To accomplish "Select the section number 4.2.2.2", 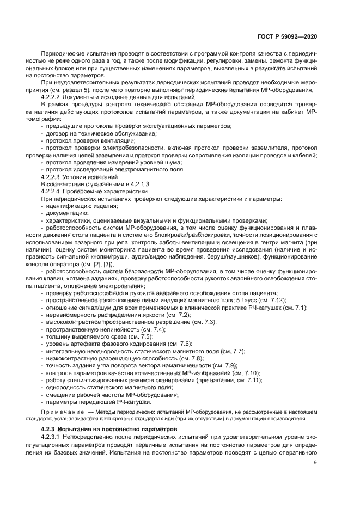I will [x=54, y=96].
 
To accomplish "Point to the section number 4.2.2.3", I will [x=54, y=177].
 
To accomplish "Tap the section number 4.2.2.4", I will [x=54, y=191].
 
